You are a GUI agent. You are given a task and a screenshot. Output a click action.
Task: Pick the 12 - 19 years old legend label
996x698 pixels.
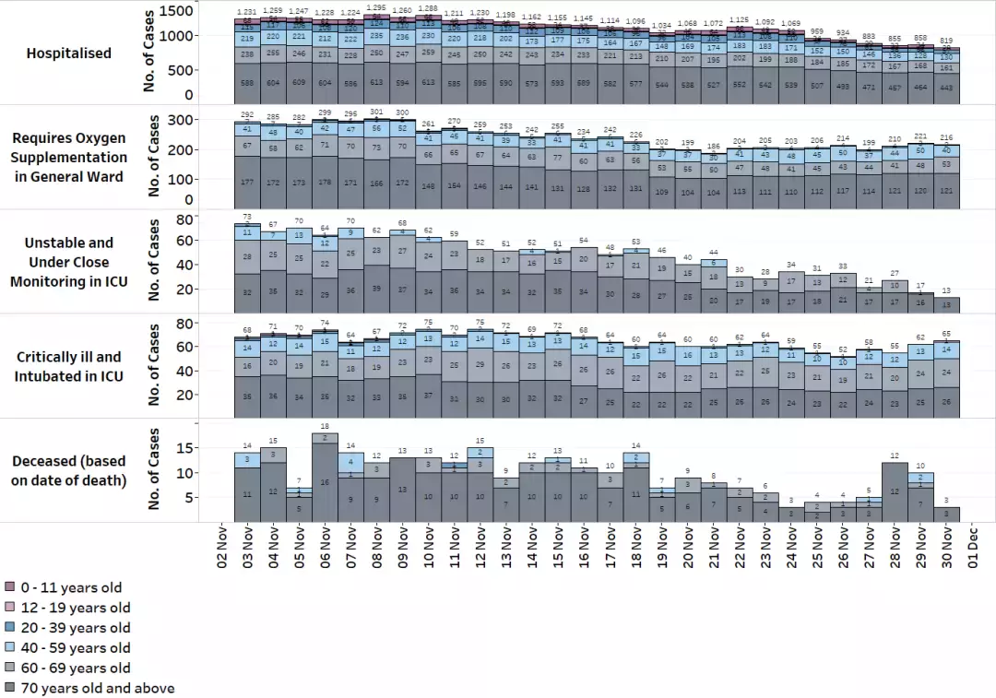coord(76,608)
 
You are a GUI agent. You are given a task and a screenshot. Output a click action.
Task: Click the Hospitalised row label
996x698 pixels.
coord(69,53)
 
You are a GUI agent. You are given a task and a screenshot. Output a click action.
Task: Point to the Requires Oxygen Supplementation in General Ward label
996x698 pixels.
coord(69,158)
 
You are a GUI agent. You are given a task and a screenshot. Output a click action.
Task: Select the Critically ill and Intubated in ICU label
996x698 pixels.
coord(69,367)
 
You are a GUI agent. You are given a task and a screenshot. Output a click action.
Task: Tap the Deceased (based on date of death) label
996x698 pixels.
coord(69,470)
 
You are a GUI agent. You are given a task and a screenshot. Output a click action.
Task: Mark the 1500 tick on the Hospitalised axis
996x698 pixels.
coord(176,11)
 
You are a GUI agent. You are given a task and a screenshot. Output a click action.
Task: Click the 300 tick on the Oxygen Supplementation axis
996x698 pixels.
coord(181,120)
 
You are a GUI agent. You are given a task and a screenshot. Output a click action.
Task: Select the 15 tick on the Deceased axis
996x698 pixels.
coord(184,448)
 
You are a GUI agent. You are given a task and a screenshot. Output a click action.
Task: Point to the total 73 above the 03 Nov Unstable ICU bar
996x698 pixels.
coord(247,217)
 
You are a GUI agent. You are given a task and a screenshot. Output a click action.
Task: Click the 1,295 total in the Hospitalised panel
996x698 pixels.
coord(376,8)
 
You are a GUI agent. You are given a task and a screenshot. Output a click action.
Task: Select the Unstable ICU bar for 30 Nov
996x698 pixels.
coord(946,305)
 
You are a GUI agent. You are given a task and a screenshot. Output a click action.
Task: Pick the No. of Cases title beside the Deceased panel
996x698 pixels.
coord(153,468)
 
